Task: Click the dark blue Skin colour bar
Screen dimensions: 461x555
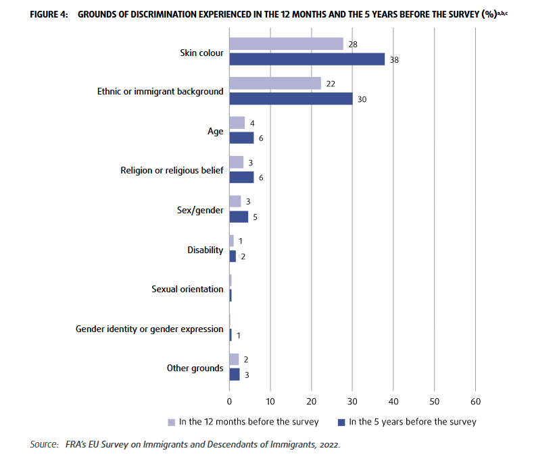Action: (307, 59)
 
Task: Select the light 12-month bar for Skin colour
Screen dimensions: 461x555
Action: (286, 44)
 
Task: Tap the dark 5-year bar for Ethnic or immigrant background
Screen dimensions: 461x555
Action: (291, 99)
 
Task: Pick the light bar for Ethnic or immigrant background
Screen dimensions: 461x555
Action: (274, 83)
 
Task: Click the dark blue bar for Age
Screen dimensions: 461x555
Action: (241, 138)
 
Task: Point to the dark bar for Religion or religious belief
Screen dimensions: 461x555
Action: (241, 177)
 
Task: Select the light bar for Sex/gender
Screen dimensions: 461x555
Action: (235, 201)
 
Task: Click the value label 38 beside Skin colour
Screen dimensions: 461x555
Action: (395, 59)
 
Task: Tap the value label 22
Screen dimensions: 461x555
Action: (331, 83)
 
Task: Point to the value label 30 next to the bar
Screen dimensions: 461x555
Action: (362, 99)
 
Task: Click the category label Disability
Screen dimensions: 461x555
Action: (205, 250)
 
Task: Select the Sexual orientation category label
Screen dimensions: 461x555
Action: (187, 289)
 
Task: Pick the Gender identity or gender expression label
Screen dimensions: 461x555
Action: (149, 329)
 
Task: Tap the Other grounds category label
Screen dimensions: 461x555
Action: (195, 368)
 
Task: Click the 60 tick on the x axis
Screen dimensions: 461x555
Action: (475, 402)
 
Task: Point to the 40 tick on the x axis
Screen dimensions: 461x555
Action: (393, 402)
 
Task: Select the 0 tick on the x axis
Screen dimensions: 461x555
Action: (230, 402)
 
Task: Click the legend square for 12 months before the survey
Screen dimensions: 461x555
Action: (172, 422)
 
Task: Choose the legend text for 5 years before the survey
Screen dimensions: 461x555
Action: (412, 422)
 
